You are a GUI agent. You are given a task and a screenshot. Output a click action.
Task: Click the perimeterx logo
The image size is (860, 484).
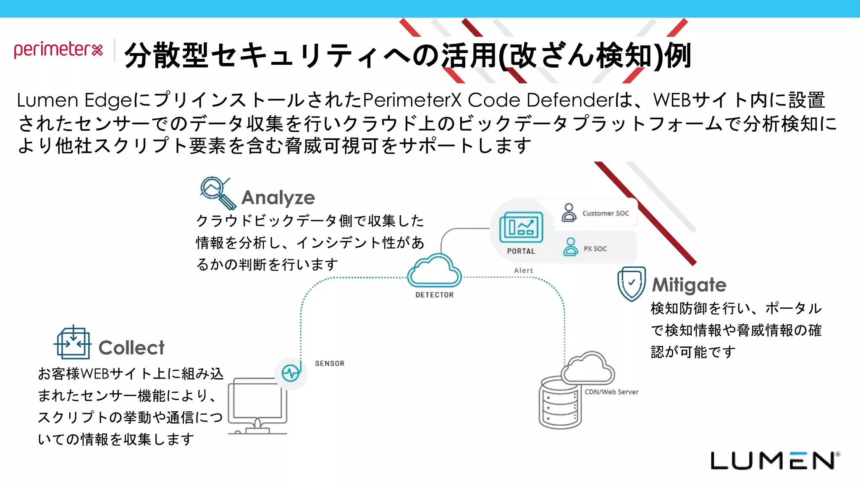(58, 50)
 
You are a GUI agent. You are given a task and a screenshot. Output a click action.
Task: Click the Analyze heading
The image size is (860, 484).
(278, 197)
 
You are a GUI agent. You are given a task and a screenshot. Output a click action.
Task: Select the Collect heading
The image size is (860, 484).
(131, 348)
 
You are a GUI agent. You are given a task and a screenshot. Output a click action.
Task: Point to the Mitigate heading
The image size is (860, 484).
(689, 285)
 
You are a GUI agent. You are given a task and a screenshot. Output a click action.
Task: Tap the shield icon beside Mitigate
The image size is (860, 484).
(631, 284)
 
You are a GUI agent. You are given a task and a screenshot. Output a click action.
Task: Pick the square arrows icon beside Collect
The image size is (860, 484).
(73, 343)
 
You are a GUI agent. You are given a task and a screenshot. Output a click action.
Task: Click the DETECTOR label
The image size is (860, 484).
(434, 295)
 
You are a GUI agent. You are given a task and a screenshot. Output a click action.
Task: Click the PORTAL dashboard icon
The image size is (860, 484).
(521, 227)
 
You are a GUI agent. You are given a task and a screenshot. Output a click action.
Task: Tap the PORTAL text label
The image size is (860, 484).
(521, 251)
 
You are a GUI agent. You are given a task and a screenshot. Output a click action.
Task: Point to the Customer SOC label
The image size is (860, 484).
(605, 213)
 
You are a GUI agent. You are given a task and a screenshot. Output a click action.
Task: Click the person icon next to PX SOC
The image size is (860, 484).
(570, 247)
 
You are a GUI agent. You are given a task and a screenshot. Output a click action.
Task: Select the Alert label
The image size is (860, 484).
(523, 271)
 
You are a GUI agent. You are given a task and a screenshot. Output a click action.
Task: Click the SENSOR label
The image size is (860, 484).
(330, 363)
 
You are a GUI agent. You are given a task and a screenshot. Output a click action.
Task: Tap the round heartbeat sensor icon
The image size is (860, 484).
(291, 373)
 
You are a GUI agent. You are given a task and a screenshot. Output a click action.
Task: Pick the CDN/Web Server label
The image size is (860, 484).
(611, 392)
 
